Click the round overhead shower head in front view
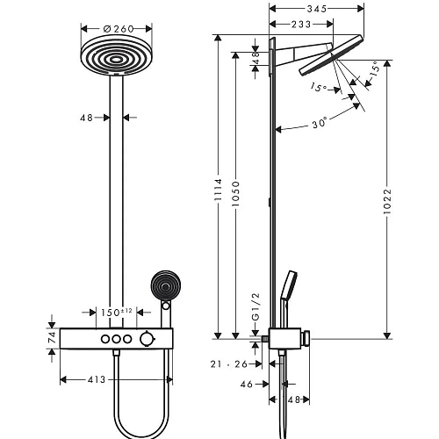114,60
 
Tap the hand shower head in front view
163,286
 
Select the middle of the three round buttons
115,339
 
